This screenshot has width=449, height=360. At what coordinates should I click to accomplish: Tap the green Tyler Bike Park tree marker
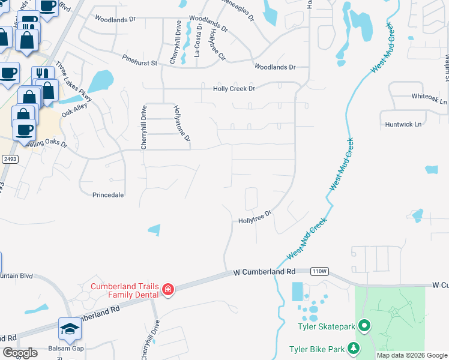point(354,348)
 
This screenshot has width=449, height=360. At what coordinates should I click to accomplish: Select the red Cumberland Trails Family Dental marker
point(168,290)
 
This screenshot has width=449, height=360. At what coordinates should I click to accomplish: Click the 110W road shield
point(319,271)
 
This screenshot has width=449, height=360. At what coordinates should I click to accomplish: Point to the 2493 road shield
point(9,158)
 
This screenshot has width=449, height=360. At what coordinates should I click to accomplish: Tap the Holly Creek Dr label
point(234,89)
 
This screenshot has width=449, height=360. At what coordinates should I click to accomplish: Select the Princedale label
point(108,195)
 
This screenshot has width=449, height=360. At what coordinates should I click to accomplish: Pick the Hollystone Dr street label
point(182,124)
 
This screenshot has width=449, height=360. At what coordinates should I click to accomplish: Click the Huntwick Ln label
point(406,124)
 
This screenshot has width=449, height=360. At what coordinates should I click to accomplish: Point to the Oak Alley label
point(74,109)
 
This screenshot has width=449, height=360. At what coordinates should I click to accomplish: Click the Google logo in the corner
point(20,353)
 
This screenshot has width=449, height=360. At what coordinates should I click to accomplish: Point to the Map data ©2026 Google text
point(412,355)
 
